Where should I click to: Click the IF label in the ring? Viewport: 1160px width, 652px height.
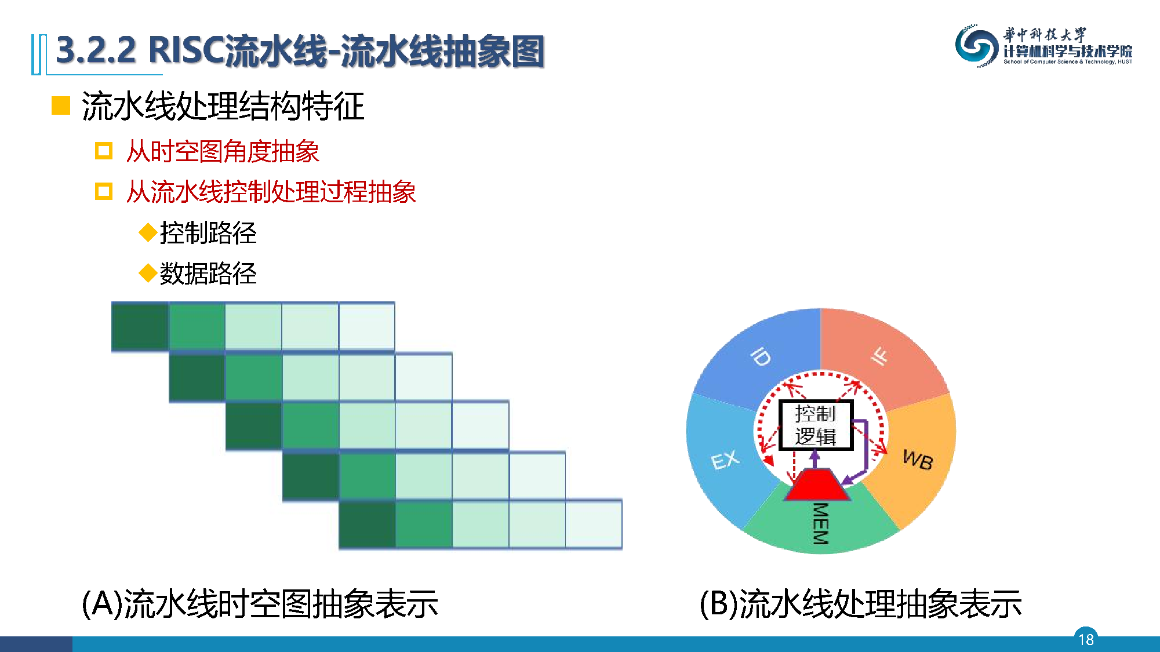pyautogui.click(x=879, y=356)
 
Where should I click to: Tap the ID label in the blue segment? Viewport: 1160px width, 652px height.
pyautogui.click(x=760, y=356)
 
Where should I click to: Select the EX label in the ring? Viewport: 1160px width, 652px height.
pyautogui.click(x=725, y=460)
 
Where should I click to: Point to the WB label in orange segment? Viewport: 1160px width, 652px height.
pyautogui.click(x=918, y=460)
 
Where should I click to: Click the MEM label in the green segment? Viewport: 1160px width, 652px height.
pyautogui.click(x=821, y=523)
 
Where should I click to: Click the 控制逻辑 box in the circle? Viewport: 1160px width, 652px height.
pyautogui.click(x=816, y=425)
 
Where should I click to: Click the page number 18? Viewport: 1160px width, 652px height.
pyautogui.click(x=1086, y=639)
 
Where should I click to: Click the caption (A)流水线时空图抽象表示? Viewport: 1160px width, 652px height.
pyautogui.click(x=260, y=603)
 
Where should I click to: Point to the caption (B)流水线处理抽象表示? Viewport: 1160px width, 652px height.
pyautogui.click(x=860, y=603)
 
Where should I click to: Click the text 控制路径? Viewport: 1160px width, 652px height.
pyautogui.click(x=208, y=232)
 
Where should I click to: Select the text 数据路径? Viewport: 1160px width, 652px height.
pyautogui.click(x=208, y=273)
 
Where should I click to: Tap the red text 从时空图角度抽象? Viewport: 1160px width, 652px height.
pyautogui.click(x=223, y=151)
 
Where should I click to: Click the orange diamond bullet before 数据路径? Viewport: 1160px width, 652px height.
pyautogui.click(x=148, y=272)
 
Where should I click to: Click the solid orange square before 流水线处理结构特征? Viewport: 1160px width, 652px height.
pyautogui.click(x=61, y=105)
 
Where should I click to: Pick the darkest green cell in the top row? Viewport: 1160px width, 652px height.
pyautogui.click(x=140, y=326)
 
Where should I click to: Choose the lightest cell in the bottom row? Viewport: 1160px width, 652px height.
pyautogui.click(x=594, y=524)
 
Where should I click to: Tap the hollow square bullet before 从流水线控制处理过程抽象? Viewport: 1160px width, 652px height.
pyautogui.click(x=104, y=191)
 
